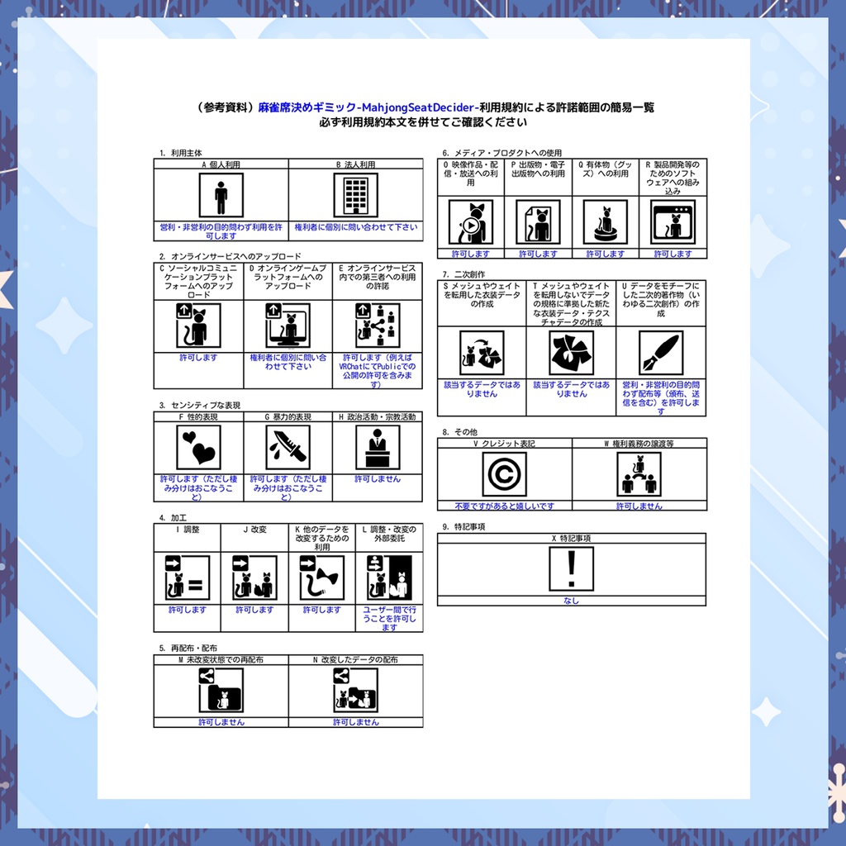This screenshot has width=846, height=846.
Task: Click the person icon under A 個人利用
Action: tap(221, 196)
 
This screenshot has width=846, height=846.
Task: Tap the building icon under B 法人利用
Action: tap(355, 196)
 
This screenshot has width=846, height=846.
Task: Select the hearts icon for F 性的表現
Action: tap(198, 447)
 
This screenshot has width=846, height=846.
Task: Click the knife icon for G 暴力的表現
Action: tap(288, 447)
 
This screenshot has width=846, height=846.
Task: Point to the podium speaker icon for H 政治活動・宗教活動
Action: tap(378, 447)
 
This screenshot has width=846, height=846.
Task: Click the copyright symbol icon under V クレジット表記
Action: tap(504, 474)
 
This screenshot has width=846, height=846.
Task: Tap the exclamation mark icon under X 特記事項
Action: tap(571, 568)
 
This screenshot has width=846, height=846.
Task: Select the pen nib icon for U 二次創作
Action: tap(661, 353)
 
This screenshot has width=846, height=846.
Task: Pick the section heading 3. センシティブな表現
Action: tap(200, 406)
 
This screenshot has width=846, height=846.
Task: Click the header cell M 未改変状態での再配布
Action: tap(221, 660)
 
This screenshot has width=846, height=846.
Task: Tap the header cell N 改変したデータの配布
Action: tap(355, 660)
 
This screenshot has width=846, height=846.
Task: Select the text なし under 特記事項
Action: tap(571, 601)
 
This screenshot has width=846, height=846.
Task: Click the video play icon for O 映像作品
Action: tap(470, 222)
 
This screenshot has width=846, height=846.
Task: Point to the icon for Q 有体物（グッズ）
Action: tap(606, 222)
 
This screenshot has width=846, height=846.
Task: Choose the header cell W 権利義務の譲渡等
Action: tap(639, 444)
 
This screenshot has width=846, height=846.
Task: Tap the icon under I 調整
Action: tap(187, 578)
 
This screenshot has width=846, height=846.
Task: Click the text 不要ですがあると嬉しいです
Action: tap(504, 506)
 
